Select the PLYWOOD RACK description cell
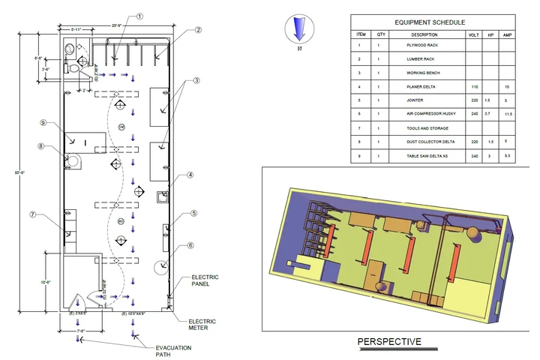tap(427, 45)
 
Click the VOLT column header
tap(473, 34)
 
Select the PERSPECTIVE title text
tap(389, 342)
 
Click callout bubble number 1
tap(139, 16)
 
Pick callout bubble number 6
tap(190, 245)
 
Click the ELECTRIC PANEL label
tap(205, 280)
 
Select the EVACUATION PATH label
tap(173, 350)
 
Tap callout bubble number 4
tap(190, 176)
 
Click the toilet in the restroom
tap(76, 66)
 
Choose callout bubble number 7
tap(33, 215)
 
